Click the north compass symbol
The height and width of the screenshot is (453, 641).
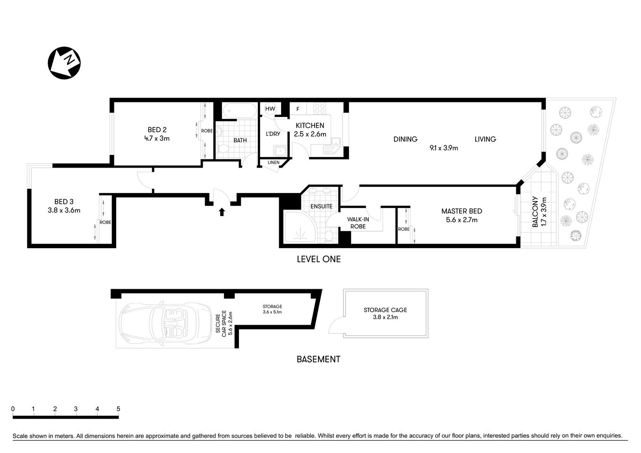point(64,63)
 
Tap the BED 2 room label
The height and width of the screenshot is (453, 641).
point(157,130)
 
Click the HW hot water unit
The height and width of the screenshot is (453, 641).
point(270,109)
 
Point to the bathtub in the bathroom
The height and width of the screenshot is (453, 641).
point(240,111)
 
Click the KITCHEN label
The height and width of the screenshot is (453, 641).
point(310,126)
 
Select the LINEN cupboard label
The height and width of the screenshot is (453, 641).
point(273,163)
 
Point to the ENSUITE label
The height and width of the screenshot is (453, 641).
point(321,207)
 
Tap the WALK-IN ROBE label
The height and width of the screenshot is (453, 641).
point(358,223)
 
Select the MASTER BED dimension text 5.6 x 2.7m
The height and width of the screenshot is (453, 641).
point(462,220)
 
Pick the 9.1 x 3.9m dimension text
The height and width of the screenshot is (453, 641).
point(444,148)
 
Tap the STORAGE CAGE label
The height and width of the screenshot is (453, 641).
point(385,310)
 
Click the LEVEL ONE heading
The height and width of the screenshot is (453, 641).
point(318,259)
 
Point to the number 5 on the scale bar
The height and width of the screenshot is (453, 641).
point(118,409)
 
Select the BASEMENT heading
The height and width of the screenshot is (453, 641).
point(318,359)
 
